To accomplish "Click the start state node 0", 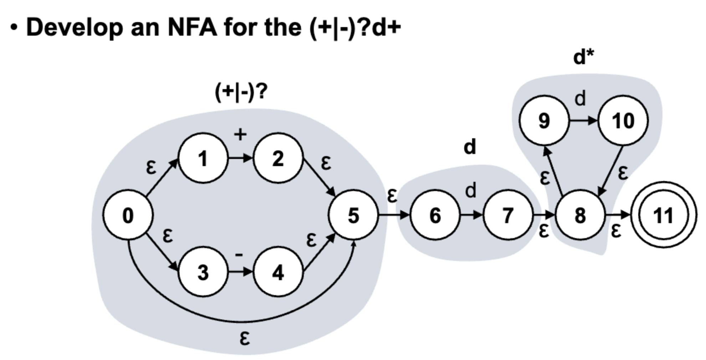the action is [x=128, y=215].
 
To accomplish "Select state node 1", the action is [x=203, y=158].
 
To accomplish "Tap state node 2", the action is [x=278, y=158].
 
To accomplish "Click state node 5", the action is [x=353, y=215].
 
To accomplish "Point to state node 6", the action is [x=435, y=215].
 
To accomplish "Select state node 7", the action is [x=508, y=215].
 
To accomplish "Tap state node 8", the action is [x=580, y=215].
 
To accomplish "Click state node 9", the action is [x=544, y=120].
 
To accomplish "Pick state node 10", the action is [x=623, y=120].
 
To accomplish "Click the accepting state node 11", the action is [x=664, y=215].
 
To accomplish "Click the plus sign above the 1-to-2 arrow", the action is [x=240, y=134].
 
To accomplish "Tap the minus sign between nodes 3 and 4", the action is [x=239, y=254].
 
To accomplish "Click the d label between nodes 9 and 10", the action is [x=580, y=98].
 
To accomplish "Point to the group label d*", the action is [x=584, y=57].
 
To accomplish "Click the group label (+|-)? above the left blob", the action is [x=241, y=92].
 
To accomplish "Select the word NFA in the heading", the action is [x=192, y=27].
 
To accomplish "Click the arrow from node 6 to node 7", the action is [x=471, y=215].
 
